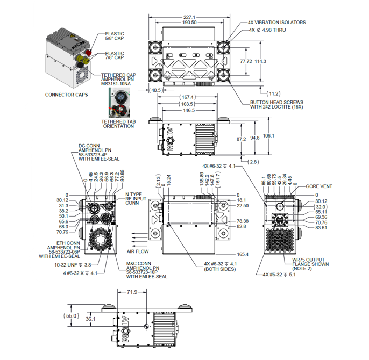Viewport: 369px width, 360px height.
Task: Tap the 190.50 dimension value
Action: click(189, 23)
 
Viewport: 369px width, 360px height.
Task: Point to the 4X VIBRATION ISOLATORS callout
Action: click(276, 23)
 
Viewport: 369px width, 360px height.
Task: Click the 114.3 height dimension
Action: click(260, 61)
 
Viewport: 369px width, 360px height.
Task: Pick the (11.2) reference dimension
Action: click(274, 93)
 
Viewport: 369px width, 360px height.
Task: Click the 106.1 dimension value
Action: click(268, 135)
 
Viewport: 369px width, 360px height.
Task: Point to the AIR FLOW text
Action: click(137, 251)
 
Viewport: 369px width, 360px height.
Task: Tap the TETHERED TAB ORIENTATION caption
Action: click(118, 124)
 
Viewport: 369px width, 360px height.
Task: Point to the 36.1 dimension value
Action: click(90, 319)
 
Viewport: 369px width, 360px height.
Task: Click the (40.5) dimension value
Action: click(157, 90)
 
